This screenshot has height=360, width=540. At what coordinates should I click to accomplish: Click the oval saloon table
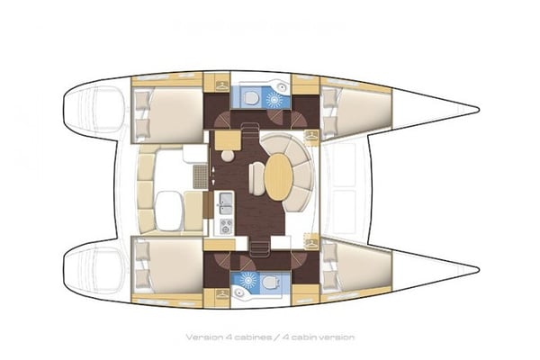tap(280, 176)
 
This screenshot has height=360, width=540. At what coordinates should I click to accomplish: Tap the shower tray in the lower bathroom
tap(243, 278)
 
